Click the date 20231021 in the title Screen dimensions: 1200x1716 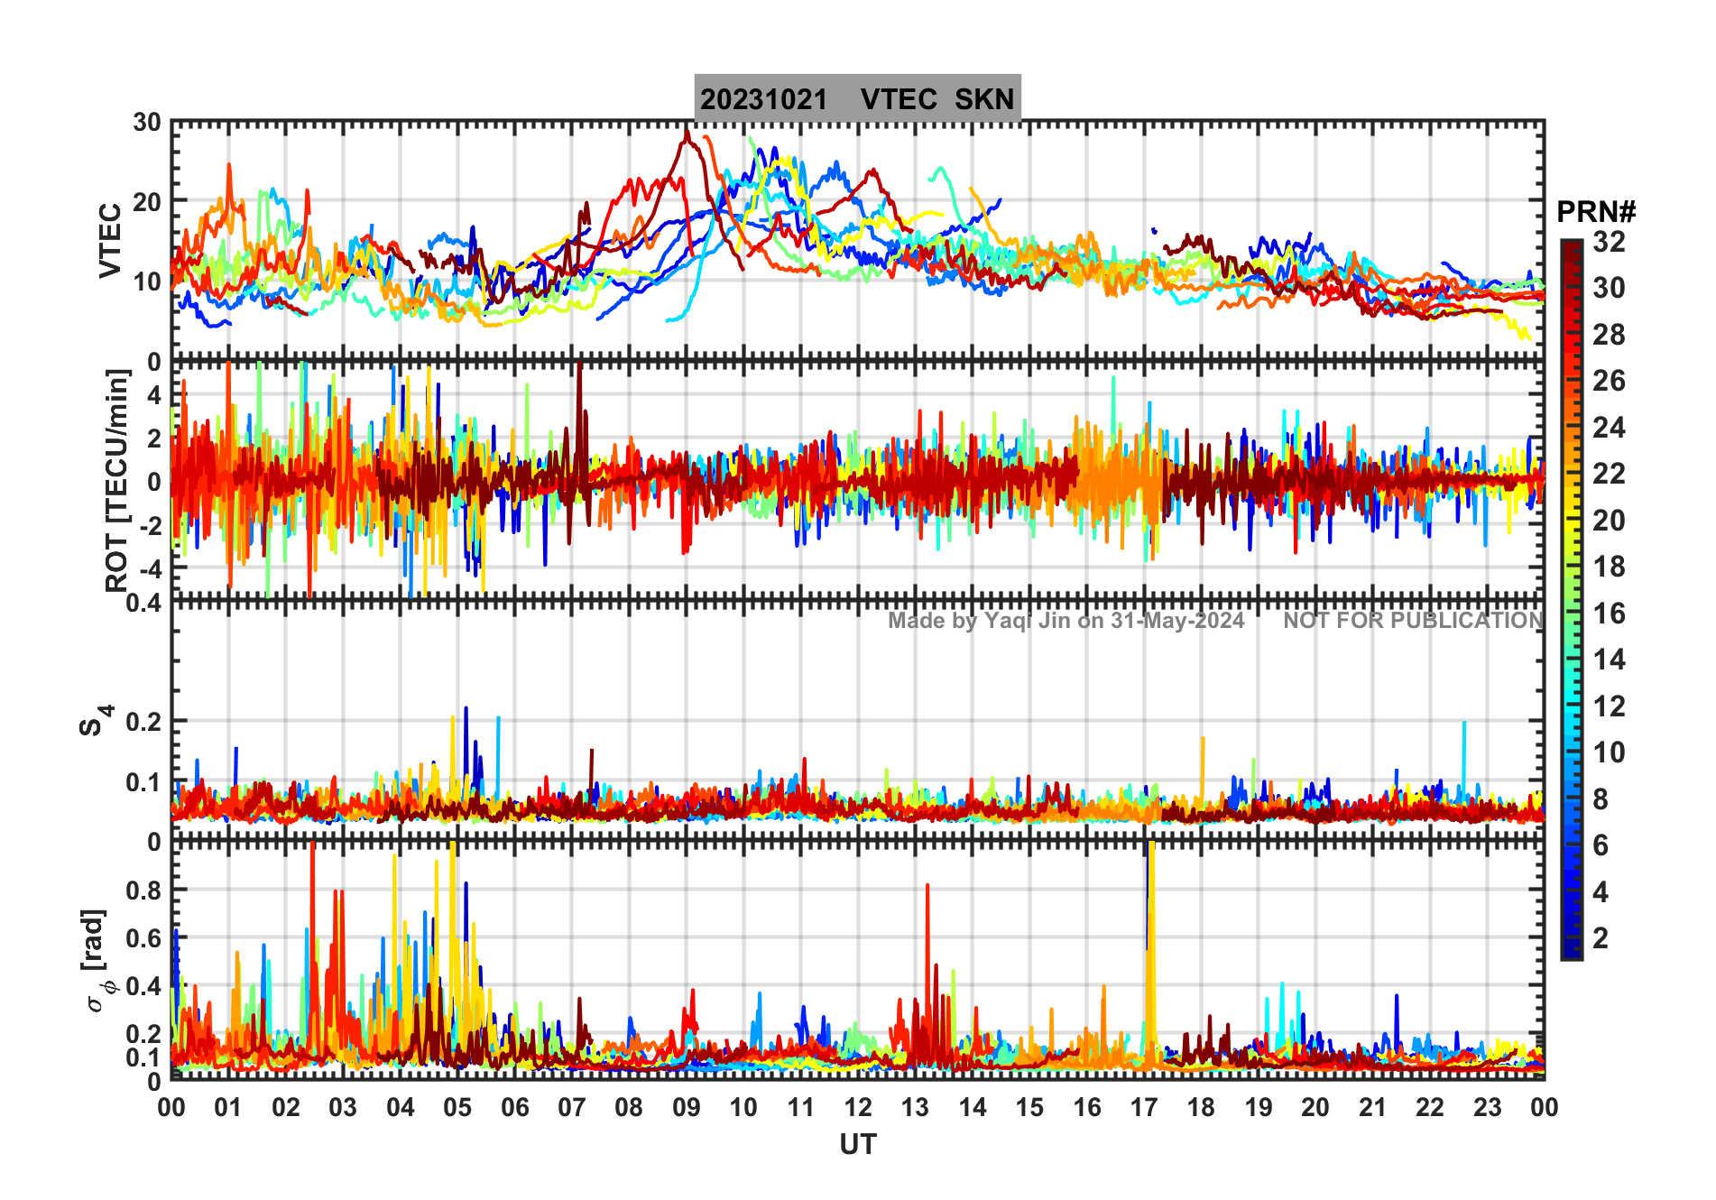(x=763, y=99)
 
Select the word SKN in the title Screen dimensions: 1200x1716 (x=984, y=99)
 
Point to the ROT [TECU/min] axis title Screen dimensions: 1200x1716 (x=116, y=480)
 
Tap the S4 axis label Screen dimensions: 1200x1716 (x=96, y=720)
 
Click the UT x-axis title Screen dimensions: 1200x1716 (x=857, y=1145)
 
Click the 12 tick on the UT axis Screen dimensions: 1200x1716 (x=857, y=1108)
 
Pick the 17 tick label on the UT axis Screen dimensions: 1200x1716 (x=1143, y=1108)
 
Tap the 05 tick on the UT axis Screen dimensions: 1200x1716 (x=457, y=1108)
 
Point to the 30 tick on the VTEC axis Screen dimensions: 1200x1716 (x=147, y=123)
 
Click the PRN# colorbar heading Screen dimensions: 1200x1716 (x=1596, y=213)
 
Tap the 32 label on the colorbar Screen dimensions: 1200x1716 (x=1609, y=242)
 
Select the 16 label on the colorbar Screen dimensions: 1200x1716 (x=1609, y=614)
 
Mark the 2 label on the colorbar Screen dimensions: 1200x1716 (x=1601, y=938)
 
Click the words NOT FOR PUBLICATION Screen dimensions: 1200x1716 (x=1413, y=621)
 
